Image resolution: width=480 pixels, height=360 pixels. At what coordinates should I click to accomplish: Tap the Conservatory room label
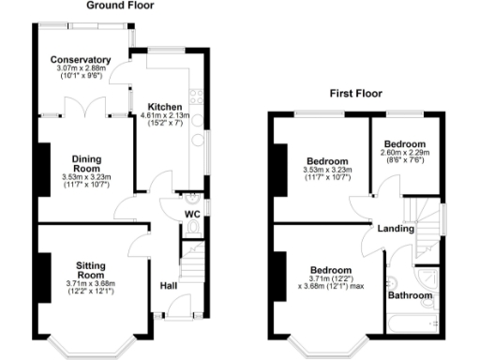coord(81,60)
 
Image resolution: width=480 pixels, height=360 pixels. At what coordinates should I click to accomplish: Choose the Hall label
coord(169,285)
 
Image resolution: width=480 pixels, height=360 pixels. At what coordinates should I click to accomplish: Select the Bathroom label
coord(412,295)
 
